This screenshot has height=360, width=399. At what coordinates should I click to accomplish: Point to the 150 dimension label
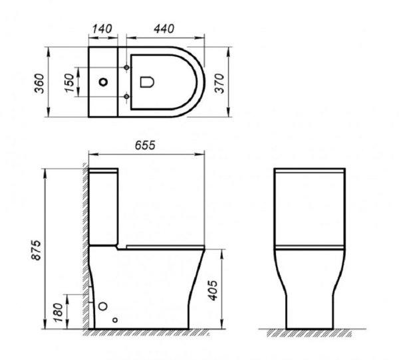click(x=69, y=82)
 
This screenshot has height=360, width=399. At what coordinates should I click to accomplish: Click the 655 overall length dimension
click(x=144, y=145)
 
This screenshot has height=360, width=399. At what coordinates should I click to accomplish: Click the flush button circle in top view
click(x=103, y=82)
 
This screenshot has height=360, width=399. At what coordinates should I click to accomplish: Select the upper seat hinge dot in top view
click(x=126, y=68)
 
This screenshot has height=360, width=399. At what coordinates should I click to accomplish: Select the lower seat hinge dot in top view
click(x=126, y=97)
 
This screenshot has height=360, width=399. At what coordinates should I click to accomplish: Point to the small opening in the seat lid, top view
click(x=147, y=82)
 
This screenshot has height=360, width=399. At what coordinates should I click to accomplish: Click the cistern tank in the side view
click(x=104, y=206)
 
